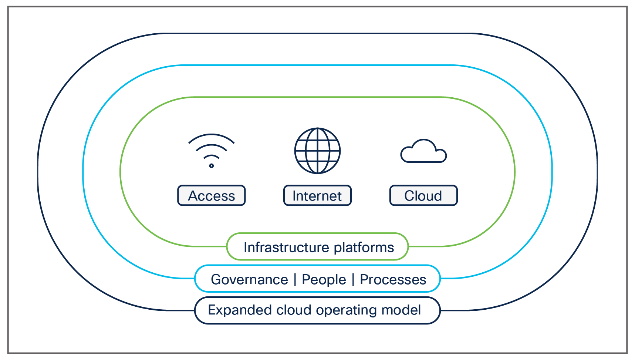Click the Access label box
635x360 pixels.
click(x=211, y=195)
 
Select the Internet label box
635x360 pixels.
click(x=317, y=195)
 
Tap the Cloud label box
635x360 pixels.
click(x=423, y=195)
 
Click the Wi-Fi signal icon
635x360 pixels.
click(x=211, y=150)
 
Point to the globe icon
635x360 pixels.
click(x=317, y=151)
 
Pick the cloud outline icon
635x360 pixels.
click(x=423, y=152)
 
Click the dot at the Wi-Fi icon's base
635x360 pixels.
click(x=211, y=165)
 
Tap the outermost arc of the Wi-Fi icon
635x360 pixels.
click(x=211, y=135)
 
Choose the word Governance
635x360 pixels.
click(x=249, y=279)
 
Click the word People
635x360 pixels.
click(x=324, y=279)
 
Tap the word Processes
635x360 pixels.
click(x=393, y=279)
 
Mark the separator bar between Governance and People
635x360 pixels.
click(x=295, y=279)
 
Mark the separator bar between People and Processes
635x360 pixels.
click(x=353, y=279)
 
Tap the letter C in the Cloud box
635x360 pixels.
click(x=409, y=196)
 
